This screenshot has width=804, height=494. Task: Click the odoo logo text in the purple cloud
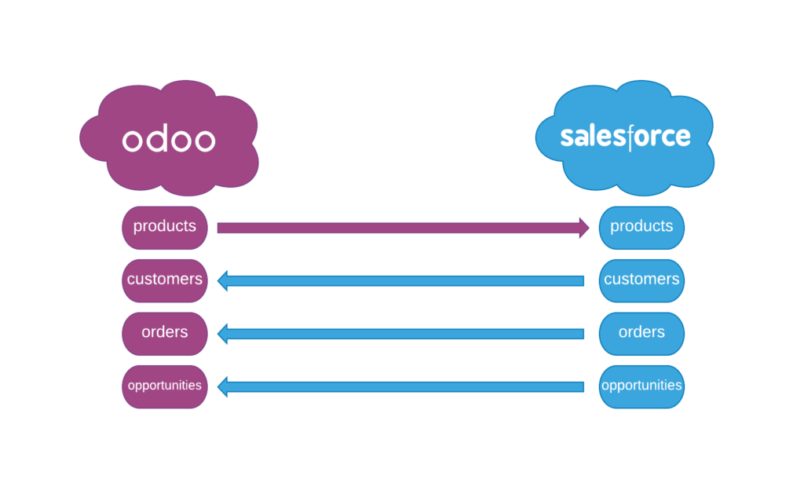[x=168, y=140]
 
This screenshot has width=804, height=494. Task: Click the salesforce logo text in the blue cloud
[x=625, y=137]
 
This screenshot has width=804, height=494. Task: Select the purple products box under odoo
[x=165, y=227]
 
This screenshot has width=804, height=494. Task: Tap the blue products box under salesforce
[x=641, y=227]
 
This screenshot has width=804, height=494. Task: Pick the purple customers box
[x=165, y=280]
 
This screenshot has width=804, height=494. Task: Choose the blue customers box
[x=641, y=280]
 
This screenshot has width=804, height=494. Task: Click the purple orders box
[x=165, y=332]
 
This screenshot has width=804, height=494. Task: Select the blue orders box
[x=641, y=332]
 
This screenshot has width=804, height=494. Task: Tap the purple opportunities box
[x=165, y=386]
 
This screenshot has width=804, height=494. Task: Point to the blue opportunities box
[x=641, y=386]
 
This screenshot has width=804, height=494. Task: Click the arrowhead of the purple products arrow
[x=583, y=228]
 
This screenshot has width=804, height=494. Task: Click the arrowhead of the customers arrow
[x=223, y=280]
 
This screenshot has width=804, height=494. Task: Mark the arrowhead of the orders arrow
[x=223, y=334]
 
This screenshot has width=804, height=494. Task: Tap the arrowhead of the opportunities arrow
[x=223, y=386]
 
